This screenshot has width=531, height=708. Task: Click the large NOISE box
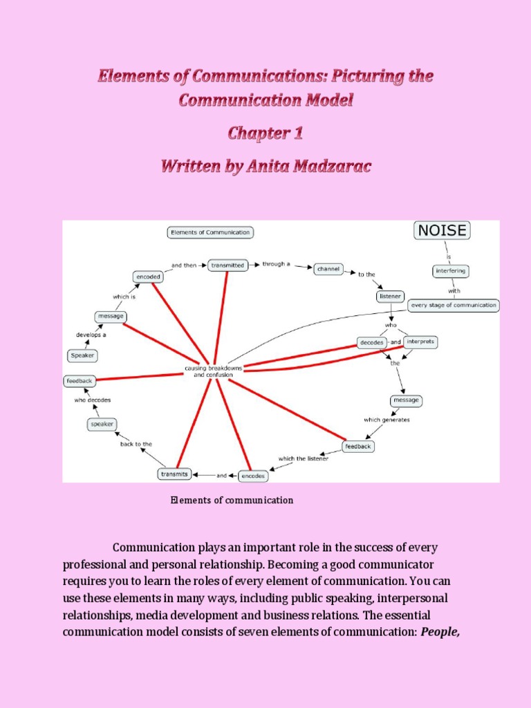click(x=442, y=231)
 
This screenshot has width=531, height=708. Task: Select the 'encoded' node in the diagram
click(x=148, y=277)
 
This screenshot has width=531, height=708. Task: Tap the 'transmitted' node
click(x=227, y=265)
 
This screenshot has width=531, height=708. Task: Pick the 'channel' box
click(x=328, y=268)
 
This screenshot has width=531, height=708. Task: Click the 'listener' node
click(x=390, y=296)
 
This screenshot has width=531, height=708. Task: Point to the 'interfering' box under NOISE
click(x=449, y=270)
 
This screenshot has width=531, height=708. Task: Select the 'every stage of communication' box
click(x=454, y=305)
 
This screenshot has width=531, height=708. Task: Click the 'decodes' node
click(x=371, y=342)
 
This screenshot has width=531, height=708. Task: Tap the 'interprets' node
click(x=420, y=342)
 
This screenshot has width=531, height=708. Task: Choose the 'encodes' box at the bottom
click(x=252, y=476)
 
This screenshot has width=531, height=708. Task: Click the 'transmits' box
click(x=174, y=474)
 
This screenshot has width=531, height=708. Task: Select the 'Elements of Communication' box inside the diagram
click(x=210, y=232)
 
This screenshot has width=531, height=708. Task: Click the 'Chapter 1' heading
click(x=265, y=133)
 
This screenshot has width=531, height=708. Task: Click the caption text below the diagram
click(x=232, y=500)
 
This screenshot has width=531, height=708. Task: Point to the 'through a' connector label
click(x=276, y=264)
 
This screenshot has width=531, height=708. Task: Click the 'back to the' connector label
click(x=136, y=444)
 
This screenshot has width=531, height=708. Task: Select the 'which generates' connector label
click(x=386, y=420)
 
